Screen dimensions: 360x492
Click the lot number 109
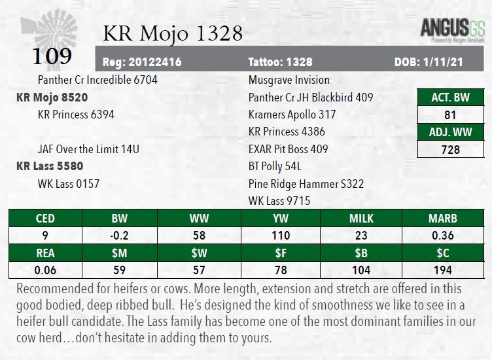52,56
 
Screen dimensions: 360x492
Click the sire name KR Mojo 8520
52,98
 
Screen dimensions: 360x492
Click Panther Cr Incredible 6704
97,80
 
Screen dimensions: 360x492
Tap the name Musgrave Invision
289,80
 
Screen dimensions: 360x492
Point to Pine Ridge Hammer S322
306,184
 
